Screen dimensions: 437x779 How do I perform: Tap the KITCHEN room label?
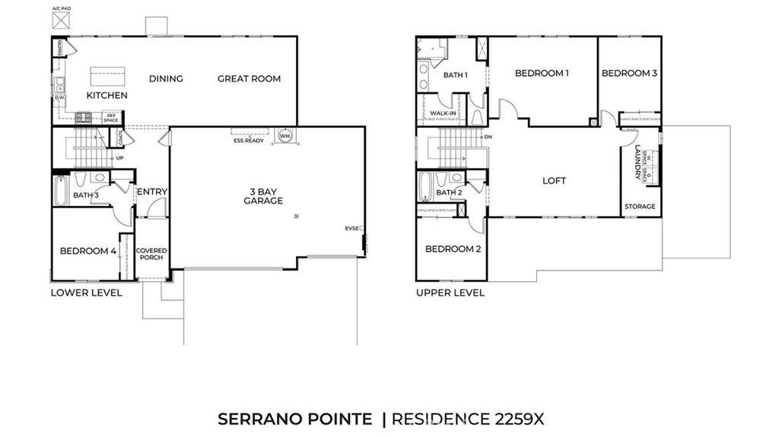107,96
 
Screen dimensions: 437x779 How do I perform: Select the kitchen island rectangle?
107,77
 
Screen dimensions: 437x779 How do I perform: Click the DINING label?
166,78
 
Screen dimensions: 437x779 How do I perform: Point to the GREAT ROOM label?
249,78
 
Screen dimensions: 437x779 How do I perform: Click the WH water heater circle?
286,136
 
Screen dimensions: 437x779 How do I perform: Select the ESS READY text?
247,141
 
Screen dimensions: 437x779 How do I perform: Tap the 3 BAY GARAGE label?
263,195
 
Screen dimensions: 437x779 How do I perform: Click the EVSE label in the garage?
351,228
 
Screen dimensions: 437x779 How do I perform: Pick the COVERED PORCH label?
151,254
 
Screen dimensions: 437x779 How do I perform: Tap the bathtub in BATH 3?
61,190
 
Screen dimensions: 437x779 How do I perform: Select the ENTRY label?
151,192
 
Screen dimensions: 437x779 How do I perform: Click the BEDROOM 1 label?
542,73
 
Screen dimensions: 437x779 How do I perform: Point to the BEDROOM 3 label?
629,73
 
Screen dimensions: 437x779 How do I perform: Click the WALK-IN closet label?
443,114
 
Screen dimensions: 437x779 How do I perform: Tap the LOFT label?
554,181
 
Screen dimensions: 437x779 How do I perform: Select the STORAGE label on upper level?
639,207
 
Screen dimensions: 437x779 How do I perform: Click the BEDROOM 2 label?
452,249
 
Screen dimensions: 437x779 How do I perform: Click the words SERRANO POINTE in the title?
296,419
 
